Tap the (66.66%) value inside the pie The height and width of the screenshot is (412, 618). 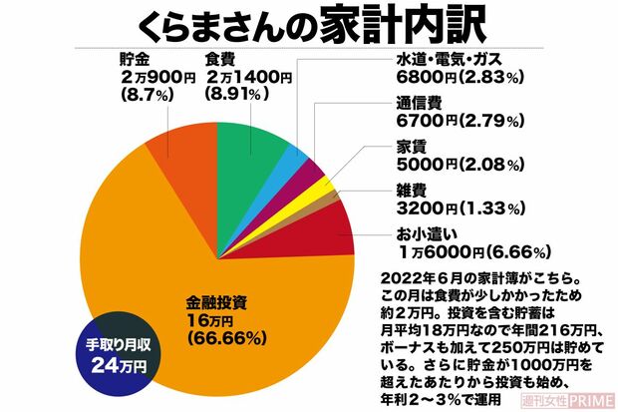224,338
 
